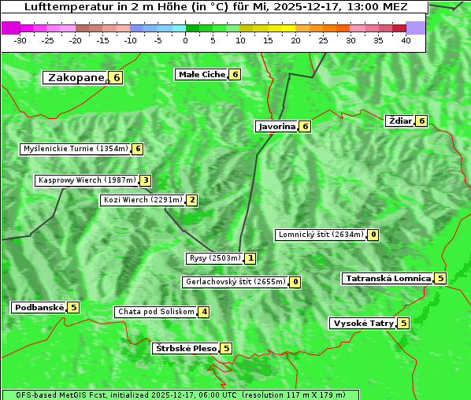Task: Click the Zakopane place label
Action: (x=76, y=77)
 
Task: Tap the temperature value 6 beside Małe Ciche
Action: (x=235, y=74)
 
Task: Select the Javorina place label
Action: (x=276, y=126)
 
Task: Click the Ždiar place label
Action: (x=400, y=120)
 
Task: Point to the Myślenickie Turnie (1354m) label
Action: (x=75, y=148)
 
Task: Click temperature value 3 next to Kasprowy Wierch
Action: (x=146, y=180)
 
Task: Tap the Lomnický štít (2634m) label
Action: (x=321, y=235)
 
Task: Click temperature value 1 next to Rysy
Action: (x=250, y=257)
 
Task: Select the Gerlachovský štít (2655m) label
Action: (x=235, y=282)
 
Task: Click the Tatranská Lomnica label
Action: (x=388, y=278)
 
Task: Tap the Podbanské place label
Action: (x=39, y=307)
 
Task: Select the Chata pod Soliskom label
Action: (x=155, y=312)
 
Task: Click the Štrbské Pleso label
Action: (x=185, y=348)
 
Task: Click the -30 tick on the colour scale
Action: (x=20, y=40)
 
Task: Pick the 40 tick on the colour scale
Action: (x=406, y=40)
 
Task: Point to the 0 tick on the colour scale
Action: (x=186, y=40)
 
